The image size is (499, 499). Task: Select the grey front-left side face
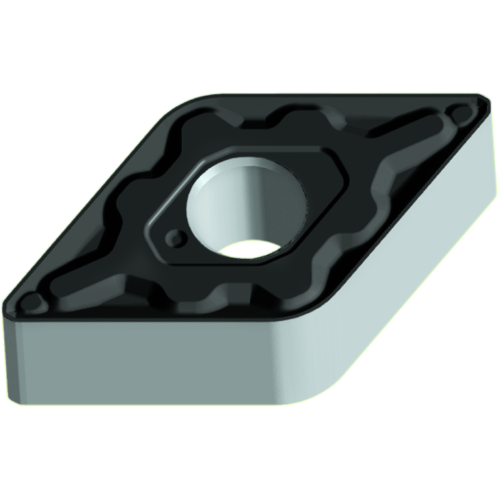(150, 364)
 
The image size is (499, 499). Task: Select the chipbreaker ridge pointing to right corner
(416, 130)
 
